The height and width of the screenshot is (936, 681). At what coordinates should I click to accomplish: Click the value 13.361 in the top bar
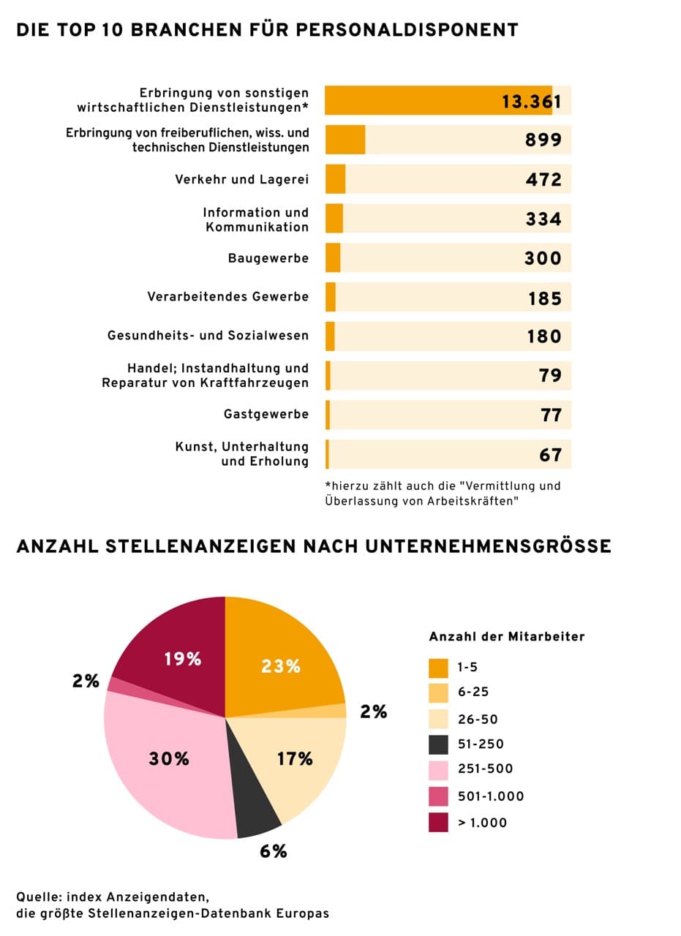(x=531, y=101)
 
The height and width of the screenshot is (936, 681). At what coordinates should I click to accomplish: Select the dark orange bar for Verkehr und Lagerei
(x=335, y=179)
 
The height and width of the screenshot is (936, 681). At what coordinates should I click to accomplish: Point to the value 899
(x=543, y=140)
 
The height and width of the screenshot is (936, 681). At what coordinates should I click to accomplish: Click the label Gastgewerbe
(x=266, y=415)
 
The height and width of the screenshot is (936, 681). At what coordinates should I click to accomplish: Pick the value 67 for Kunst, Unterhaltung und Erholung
(x=550, y=455)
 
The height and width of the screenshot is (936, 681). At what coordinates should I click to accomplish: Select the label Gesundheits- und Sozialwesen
(x=208, y=336)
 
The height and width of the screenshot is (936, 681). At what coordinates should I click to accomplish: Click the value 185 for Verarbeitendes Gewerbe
(x=544, y=298)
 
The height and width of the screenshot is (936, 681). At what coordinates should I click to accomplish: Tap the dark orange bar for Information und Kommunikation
(x=334, y=219)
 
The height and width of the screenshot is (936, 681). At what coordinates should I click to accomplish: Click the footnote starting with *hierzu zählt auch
(x=443, y=493)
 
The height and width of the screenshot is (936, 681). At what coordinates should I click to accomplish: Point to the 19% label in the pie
(x=182, y=659)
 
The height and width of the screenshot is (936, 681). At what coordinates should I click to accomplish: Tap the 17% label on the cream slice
(x=295, y=759)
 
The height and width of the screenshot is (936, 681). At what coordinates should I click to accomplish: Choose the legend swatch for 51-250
(x=438, y=744)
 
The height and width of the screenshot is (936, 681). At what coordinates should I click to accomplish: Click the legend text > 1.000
(x=482, y=823)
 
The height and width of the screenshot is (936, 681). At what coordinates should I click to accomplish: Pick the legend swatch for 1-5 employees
(x=438, y=667)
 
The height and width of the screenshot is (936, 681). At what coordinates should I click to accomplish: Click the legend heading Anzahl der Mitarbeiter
(x=506, y=637)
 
